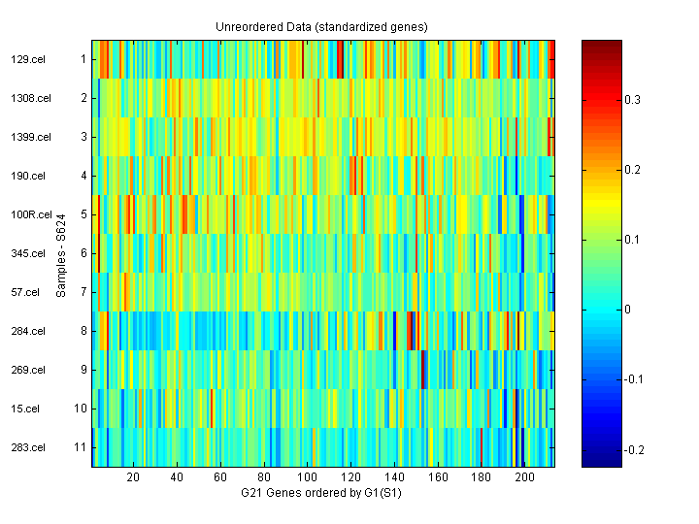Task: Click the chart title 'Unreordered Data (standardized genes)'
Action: click(x=321, y=26)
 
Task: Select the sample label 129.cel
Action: click(x=26, y=59)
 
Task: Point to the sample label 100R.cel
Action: click(x=29, y=214)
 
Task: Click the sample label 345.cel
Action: click(x=26, y=253)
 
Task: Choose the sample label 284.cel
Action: click(x=26, y=331)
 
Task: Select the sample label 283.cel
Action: click(x=26, y=447)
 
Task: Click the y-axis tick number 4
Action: click(x=83, y=176)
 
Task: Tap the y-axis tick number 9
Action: click(x=83, y=370)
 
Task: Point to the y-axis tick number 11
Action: click(x=81, y=447)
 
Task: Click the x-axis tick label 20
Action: click(x=133, y=477)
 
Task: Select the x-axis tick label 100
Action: click(x=308, y=477)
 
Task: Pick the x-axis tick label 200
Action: click(x=525, y=477)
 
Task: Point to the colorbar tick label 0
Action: click(x=626, y=310)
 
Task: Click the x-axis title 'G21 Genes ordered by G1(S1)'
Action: click(x=321, y=493)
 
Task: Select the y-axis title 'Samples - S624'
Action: click(x=60, y=254)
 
